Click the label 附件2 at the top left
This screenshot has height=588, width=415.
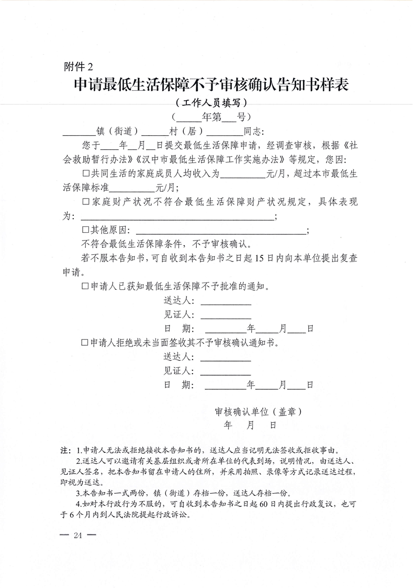coord(79,67)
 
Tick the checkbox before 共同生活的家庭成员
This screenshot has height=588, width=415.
coord(86,173)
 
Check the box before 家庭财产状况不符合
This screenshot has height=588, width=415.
coord(86,201)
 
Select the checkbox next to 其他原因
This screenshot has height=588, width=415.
coord(86,230)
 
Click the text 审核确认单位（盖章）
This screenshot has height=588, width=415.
coord(258,412)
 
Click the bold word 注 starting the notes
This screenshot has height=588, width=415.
coord(65,450)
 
